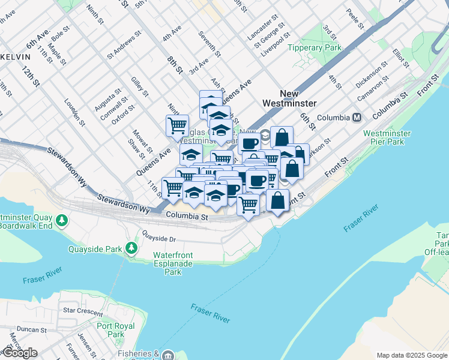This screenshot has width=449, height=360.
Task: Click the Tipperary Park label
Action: click(314, 47)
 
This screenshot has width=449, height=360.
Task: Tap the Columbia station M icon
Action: click(357, 118)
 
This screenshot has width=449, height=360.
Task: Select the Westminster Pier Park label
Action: click(387, 137)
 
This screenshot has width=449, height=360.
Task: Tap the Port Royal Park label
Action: click(110, 330)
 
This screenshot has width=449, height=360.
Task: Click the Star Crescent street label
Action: click(83, 311)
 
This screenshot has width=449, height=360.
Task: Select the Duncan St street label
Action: click(32, 329)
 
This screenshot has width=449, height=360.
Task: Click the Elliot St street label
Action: click(400, 58)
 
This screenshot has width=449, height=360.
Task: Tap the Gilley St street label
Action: click(140, 86)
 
